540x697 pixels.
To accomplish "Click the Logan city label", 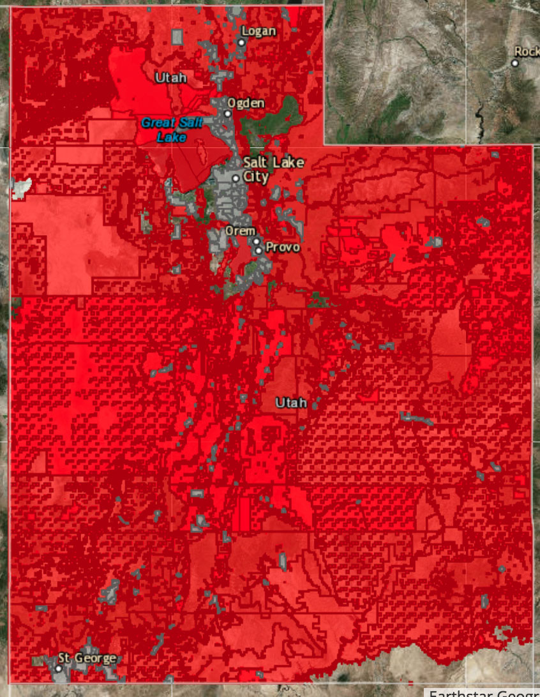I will pos(259,31).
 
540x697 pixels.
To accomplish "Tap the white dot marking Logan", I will pos(242,42).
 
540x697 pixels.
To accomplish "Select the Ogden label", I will pos(246,103).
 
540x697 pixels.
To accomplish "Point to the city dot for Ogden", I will pos(227,114).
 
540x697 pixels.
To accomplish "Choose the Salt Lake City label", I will pos(273,169).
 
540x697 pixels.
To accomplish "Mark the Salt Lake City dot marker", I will pos(236,178).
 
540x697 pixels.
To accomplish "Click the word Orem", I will pos(240,230).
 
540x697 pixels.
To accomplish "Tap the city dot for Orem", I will pos(255,242).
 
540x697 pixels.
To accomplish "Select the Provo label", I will pos(282,247).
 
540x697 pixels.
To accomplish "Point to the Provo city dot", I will pos(259,250).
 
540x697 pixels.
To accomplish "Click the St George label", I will pos(87,657).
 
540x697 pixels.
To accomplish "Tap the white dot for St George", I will pos(58,668).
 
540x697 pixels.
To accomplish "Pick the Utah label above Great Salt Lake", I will pos(171,78).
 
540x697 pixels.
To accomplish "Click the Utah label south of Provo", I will pos(291,403).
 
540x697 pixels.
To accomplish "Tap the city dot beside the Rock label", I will pos(515,63).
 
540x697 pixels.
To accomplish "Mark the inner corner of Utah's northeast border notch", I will pos(325,145).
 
